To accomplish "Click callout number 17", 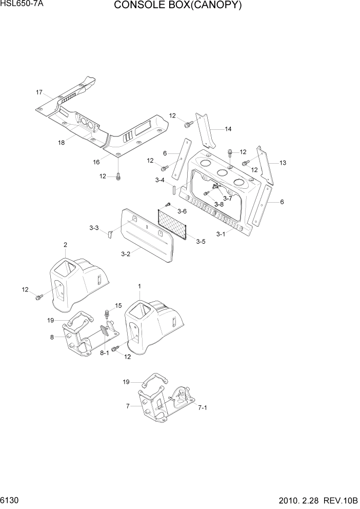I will click(39, 92).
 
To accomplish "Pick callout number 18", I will click(62, 143).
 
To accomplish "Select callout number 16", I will click(96, 162).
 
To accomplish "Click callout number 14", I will click(228, 129).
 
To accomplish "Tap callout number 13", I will click(283, 163).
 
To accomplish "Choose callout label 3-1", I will click(221, 234).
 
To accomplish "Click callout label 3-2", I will click(126, 253).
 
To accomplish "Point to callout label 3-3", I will click(94, 228).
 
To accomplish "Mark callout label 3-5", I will click(201, 241).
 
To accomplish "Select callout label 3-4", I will click(159, 180).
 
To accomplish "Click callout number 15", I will click(118, 305).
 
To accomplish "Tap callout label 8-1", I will click(104, 353).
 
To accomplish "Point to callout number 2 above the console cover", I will click(65, 245).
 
